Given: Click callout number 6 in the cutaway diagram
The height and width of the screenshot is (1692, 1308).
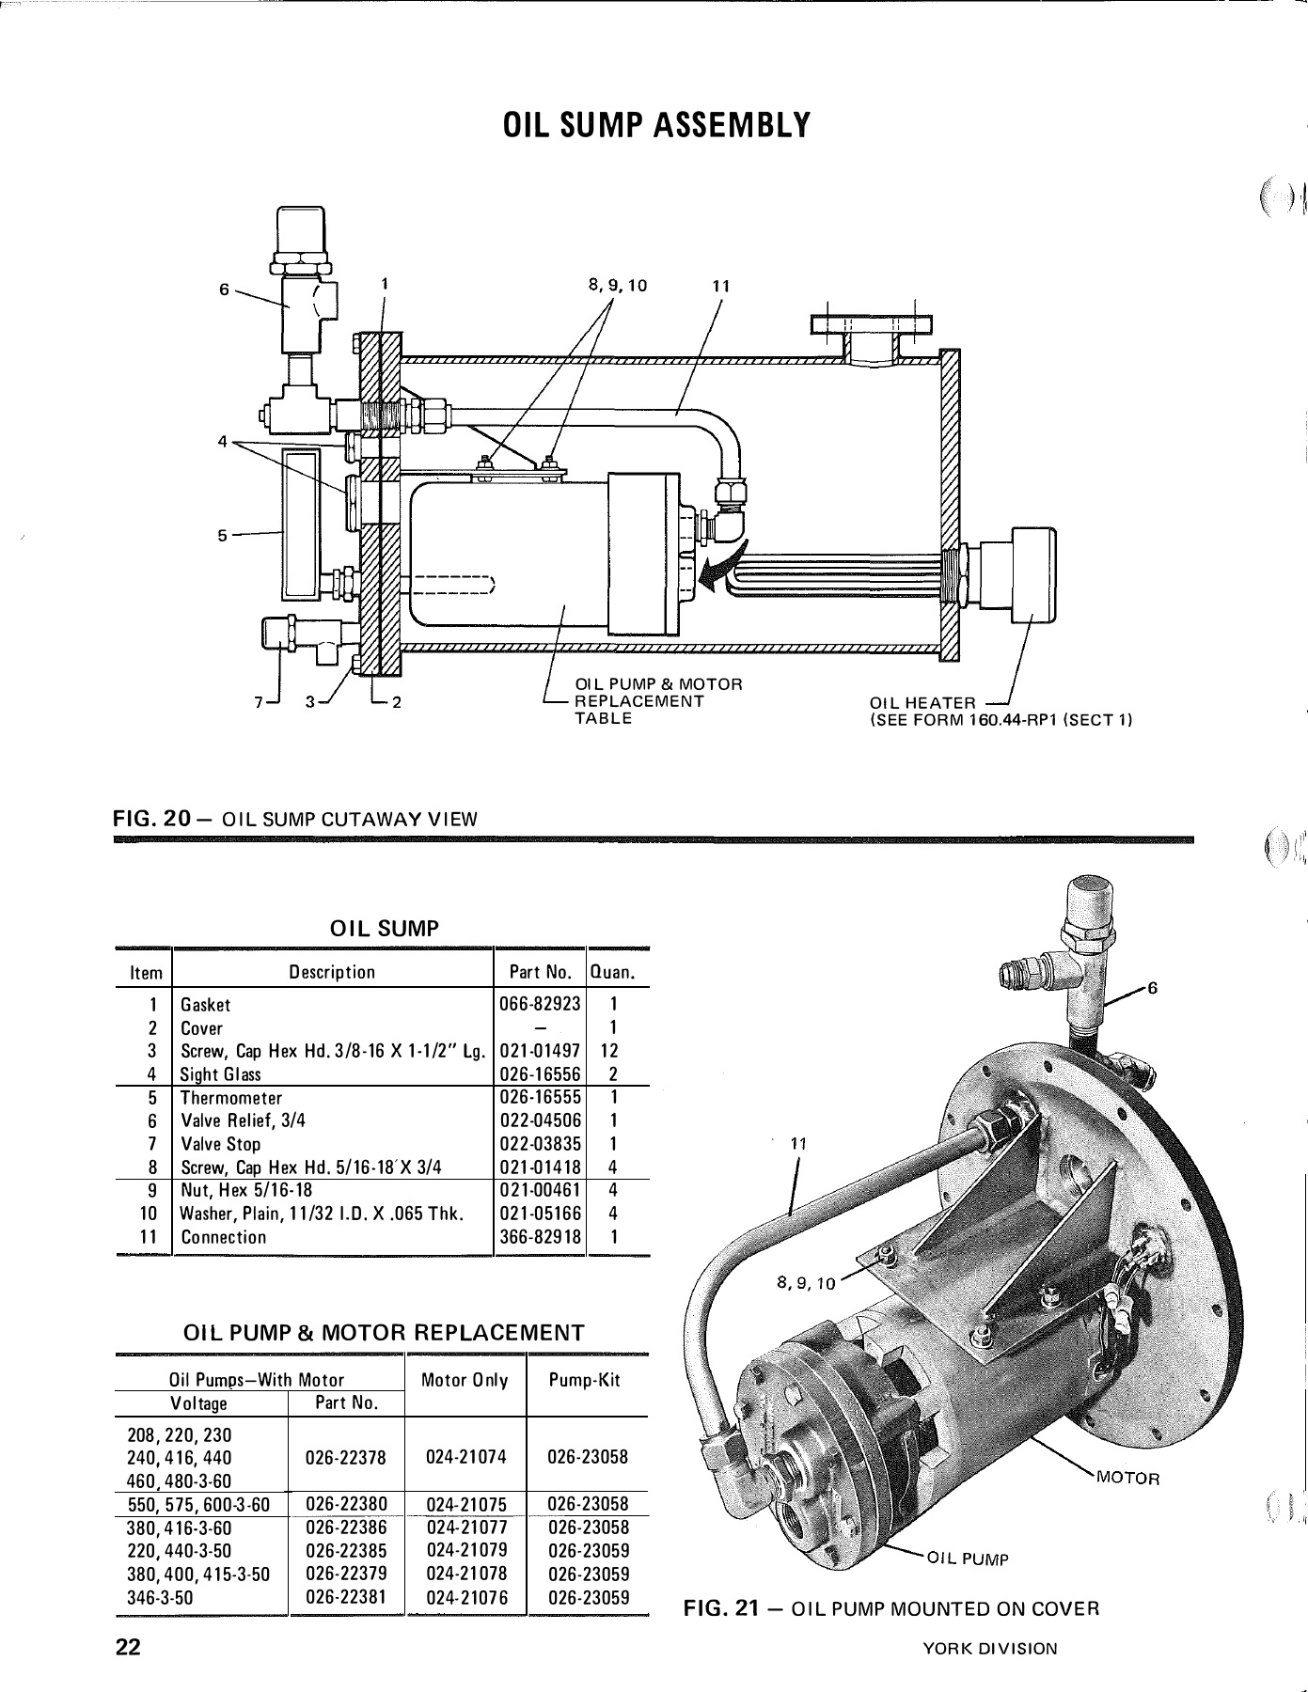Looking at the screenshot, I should [224, 290].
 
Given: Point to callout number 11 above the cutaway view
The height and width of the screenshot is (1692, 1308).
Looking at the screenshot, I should [721, 286].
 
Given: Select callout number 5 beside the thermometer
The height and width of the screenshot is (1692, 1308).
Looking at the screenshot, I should [223, 536].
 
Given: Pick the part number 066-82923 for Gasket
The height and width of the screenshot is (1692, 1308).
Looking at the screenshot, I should [539, 1004].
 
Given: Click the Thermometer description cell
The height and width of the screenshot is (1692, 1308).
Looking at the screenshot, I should [231, 1098].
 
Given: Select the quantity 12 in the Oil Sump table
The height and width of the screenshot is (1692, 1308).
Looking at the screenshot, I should [608, 1051].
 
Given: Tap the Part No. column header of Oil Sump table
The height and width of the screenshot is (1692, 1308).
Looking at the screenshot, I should [540, 972].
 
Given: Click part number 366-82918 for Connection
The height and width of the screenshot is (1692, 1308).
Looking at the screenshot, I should [539, 1237].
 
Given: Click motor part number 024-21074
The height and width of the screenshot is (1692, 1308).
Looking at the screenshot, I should [465, 1457].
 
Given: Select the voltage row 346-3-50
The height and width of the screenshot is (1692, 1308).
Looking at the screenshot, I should [160, 1596].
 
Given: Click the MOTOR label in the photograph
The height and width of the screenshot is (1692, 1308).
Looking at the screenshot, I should [1128, 1478].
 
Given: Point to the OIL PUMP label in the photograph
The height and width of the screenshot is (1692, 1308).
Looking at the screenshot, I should [968, 1559].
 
